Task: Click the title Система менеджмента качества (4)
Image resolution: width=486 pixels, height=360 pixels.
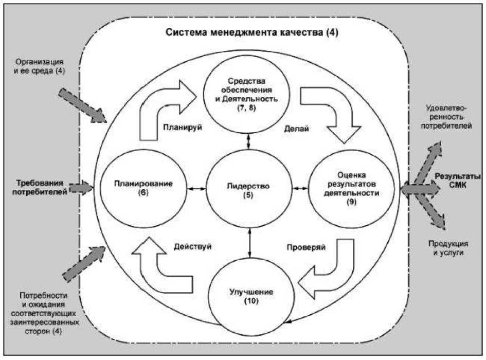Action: pyautogui.click(x=252, y=32)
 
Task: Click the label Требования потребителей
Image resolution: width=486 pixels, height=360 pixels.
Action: pyautogui.click(x=41, y=188)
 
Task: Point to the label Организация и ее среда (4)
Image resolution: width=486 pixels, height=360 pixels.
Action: pyautogui.click(x=38, y=66)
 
